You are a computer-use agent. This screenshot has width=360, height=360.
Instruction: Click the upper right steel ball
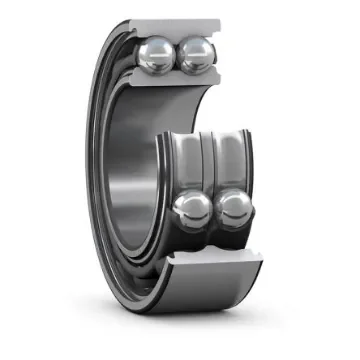point(195,55)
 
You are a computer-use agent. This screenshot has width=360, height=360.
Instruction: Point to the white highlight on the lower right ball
point(231,203)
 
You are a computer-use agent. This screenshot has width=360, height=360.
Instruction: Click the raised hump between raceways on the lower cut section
point(211,240)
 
